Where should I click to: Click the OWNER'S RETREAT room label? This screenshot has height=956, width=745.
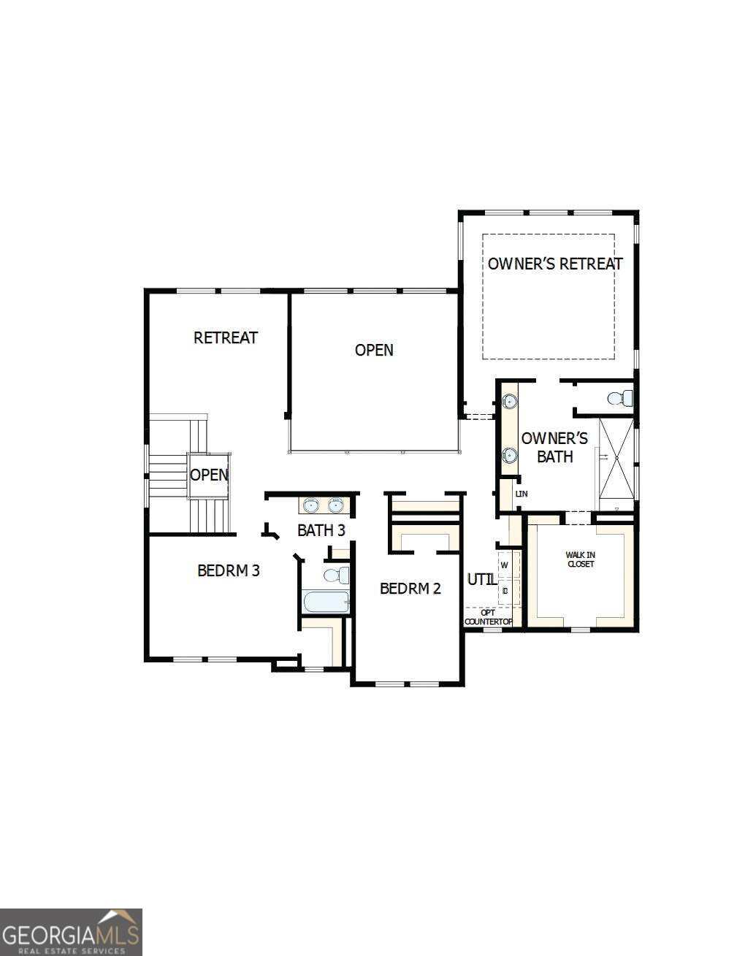point(555,264)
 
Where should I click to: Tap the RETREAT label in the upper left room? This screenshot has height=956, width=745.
point(225,337)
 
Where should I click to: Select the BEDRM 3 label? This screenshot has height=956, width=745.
point(229,570)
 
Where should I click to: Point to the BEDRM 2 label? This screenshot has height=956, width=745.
point(410,588)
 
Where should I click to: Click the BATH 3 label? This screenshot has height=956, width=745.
point(321,530)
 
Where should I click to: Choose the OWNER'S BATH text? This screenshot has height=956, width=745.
point(554,447)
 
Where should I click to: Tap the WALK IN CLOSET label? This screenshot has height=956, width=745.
point(580,559)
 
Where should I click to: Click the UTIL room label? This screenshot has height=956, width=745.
point(481,579)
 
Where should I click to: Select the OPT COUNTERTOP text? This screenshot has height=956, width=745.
point(488,617)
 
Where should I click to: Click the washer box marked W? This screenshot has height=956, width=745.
point(504,565)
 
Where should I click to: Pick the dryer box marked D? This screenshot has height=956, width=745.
point(505,590)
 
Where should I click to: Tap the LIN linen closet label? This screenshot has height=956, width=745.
point(521,494)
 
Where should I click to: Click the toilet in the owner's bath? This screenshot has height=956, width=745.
point(619,398)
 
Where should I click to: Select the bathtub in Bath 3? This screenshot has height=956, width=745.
point(326,603)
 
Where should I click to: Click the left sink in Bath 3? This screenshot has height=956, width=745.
point(312,505)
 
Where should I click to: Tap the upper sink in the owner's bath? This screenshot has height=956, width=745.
point(509,401)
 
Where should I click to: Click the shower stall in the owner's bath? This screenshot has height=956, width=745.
point(616,464)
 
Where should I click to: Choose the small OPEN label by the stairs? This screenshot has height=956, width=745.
point(209,475)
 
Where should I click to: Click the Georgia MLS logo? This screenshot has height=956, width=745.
point(71,932)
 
